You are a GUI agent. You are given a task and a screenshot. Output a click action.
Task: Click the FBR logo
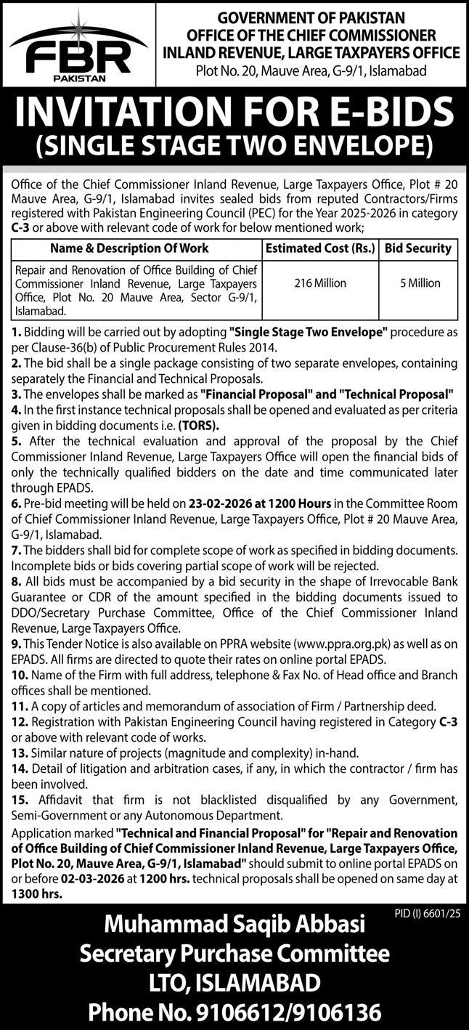(x=70, y=51)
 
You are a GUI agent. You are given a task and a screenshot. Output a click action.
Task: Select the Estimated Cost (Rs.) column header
(x=319, y=248)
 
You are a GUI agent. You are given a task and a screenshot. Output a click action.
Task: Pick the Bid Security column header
(x=418, y=248)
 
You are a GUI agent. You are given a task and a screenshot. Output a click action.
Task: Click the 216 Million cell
(x=319, y=283)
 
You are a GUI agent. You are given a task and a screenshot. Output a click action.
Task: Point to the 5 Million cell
(x=419, y=283)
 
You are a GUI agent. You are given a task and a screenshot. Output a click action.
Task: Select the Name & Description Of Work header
(x=136, y=248)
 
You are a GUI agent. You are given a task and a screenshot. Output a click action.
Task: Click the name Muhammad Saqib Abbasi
(x=234, y=925)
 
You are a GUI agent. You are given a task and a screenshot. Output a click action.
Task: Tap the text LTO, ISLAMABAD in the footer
(x=234, y=983)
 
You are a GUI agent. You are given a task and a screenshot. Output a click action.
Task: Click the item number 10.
(x=19, y=675)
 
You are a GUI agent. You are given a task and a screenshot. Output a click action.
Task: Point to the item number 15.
(x=19, y=800)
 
